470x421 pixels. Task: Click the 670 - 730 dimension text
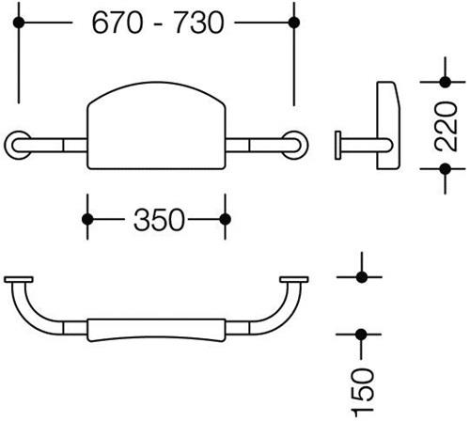pos(158,23)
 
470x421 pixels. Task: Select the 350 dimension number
pos(159,220)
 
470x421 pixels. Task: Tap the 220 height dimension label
pos(446,126)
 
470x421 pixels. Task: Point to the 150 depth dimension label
pos(363,394)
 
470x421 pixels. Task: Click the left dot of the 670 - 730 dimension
pos(19,23)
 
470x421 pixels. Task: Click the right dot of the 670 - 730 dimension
pos(294,23)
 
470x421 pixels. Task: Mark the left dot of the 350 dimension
pos(87,219)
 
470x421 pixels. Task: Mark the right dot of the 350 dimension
pos(226,219)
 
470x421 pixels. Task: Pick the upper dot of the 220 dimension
pos(446,82)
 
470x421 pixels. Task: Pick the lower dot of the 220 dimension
pos(446,169)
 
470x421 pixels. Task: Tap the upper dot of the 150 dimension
pos(362,277)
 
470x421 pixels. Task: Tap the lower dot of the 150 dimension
pos(361,335)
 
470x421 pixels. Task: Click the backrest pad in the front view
pos(156,125)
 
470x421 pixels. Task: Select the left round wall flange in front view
pos(18,145)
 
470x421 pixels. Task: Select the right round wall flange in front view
pos(295,145)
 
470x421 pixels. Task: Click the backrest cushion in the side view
pos(388,125)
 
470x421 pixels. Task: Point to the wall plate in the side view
pos(337,145)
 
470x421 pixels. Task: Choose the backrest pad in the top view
pos(156,330)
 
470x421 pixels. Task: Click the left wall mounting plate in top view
pos(19,279)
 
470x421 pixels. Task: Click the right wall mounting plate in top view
pos(294,279)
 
